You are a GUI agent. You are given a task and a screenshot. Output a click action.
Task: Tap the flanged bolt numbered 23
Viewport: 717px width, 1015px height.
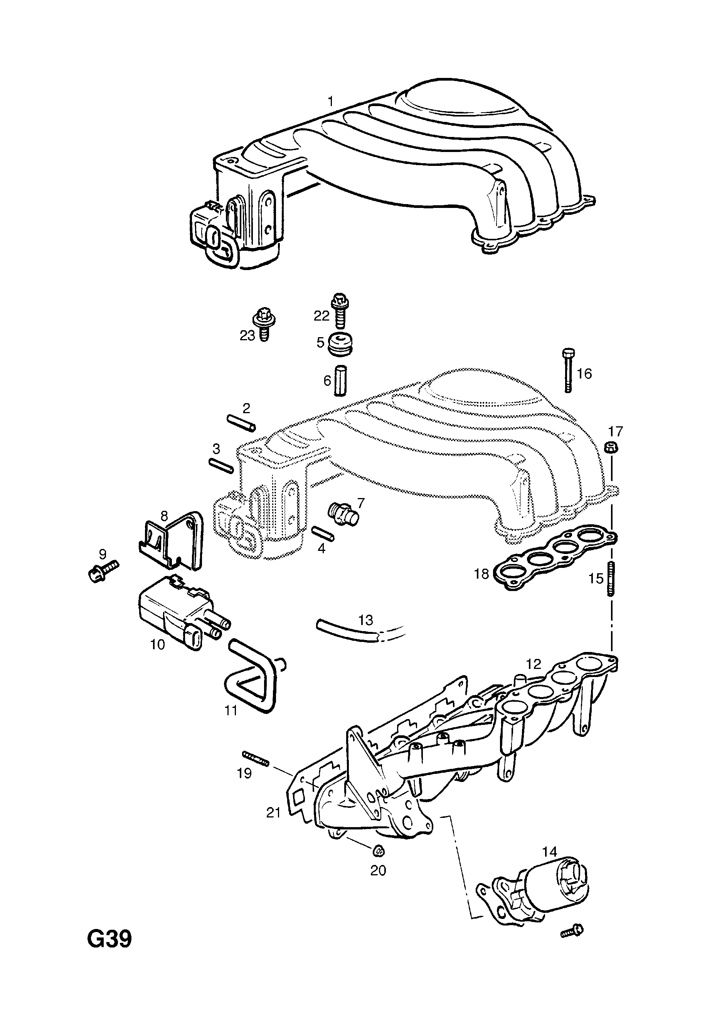(x=263, y=324)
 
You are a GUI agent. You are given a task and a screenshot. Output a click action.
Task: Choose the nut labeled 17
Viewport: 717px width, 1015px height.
(x=611, y=448)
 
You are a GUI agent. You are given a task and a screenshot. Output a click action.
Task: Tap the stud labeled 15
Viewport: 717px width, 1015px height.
(x=611, y=579)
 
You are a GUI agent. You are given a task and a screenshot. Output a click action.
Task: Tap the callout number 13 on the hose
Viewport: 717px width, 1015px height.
(x=366, y=620)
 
